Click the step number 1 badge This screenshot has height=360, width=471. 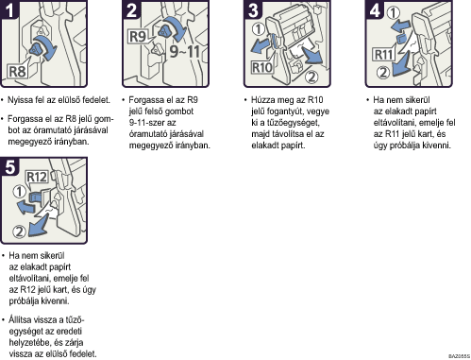coord(9,9)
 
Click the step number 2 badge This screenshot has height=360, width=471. coord(131,9)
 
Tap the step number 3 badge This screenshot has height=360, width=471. coord(253,9)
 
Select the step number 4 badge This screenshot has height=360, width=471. coord(375,9)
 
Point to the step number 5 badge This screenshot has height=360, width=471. coord(9,166)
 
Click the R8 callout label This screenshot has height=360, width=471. coord(17,72)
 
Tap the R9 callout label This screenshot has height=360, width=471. coord(138,36)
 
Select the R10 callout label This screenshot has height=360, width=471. coord(262,67)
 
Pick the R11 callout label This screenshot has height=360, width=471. coord(383,55)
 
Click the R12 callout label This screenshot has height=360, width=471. coord(37,177)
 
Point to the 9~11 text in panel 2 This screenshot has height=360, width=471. coord(185,51)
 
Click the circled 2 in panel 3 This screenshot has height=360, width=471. coord(311,77)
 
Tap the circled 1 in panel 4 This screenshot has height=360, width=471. coord(394,13)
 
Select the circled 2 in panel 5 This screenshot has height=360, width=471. coord(19,231)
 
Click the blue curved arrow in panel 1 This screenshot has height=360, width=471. coord(46,46)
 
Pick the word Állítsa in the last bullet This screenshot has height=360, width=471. coord(20,319)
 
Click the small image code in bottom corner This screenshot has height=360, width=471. coord(459,356)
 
